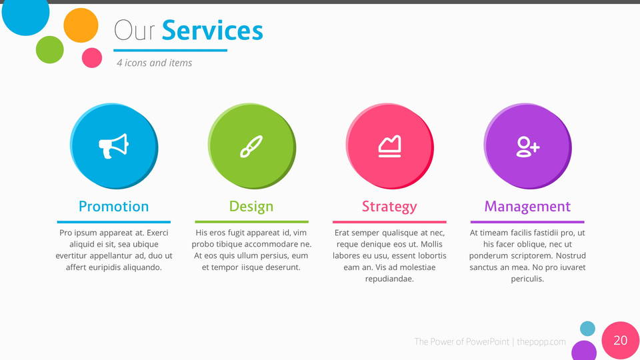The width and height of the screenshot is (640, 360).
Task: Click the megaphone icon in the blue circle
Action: pyautogui.click(x=113, y=146)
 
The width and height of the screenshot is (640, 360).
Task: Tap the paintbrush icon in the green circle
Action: pyautogui.click(x=251, y=147)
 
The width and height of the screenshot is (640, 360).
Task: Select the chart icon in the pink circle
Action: pyautogui.click(x=389, y=146)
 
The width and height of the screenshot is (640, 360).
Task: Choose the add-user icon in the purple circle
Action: pyautogui.click(x=528, y=147)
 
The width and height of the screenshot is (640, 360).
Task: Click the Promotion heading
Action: pyautogui.click(x=113, y=207)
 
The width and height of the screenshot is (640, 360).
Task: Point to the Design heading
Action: pyautogui.click(x=251, y=207)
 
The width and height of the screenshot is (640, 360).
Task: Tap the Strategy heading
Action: pyautogui.click(x=389, y=207)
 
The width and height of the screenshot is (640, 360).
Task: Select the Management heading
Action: pyautogui.click(x=527, y=207)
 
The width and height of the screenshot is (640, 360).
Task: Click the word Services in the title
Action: pyautogui.click(x=212, y=30)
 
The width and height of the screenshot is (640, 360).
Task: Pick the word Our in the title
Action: pyautogui.click(x=134, y=30)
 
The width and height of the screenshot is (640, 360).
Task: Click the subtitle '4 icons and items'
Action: pyautogui.click(x=154, y=63)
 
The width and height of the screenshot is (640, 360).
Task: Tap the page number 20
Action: pyautogui.click(x=621, y=341)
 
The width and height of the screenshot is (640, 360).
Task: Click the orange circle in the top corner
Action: pyautogui.click(x=81, y=25)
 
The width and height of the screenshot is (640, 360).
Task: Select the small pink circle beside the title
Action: pyautogui.click(x=92, y=57)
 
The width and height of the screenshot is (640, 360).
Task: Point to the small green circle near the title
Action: pyautogui.click(x=50, y=50)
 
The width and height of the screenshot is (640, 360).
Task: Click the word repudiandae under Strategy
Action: pyautogui.click(x=389, y=279)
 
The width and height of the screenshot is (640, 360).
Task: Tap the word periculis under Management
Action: pyautogui.click(x=527, y=279)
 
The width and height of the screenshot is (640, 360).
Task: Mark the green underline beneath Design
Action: pyautogui.click(x=251, y=222)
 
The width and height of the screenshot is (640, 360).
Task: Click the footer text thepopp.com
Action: pyautogui.click(x=541, y=341)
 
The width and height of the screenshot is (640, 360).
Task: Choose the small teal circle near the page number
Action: pyautogui.click(x=587, y=329)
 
